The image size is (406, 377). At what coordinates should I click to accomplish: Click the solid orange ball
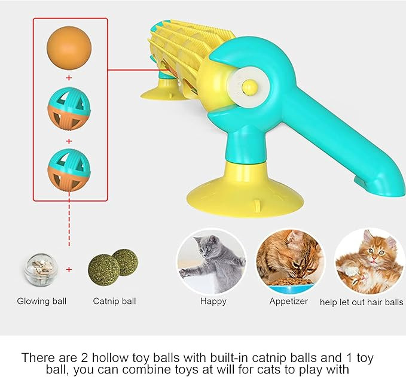point(69,48)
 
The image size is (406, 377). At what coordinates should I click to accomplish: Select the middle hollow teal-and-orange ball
point(69,108)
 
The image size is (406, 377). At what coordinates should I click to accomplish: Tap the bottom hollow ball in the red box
point(69,170)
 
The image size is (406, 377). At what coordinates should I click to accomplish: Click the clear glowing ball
point(41,269)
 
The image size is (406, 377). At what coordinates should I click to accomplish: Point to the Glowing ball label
point(42,301)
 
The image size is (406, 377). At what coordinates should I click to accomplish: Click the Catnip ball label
point(114,301)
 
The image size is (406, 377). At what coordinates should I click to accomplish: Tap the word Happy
point(213,302)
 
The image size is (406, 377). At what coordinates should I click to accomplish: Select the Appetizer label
point(288,302)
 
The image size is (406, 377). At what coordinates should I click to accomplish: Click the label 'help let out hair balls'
point(362,302)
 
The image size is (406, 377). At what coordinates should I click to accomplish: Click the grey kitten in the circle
point(212,262)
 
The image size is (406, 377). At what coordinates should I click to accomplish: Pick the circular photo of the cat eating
point(290,261)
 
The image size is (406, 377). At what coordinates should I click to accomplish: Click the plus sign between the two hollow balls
point(69,141)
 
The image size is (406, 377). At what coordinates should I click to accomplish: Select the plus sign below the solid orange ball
point(69,78)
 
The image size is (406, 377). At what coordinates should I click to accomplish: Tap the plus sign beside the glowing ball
point(69,269)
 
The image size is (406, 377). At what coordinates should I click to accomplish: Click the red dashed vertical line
point(69,219)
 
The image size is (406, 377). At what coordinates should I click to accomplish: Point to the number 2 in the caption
point(84,358)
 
